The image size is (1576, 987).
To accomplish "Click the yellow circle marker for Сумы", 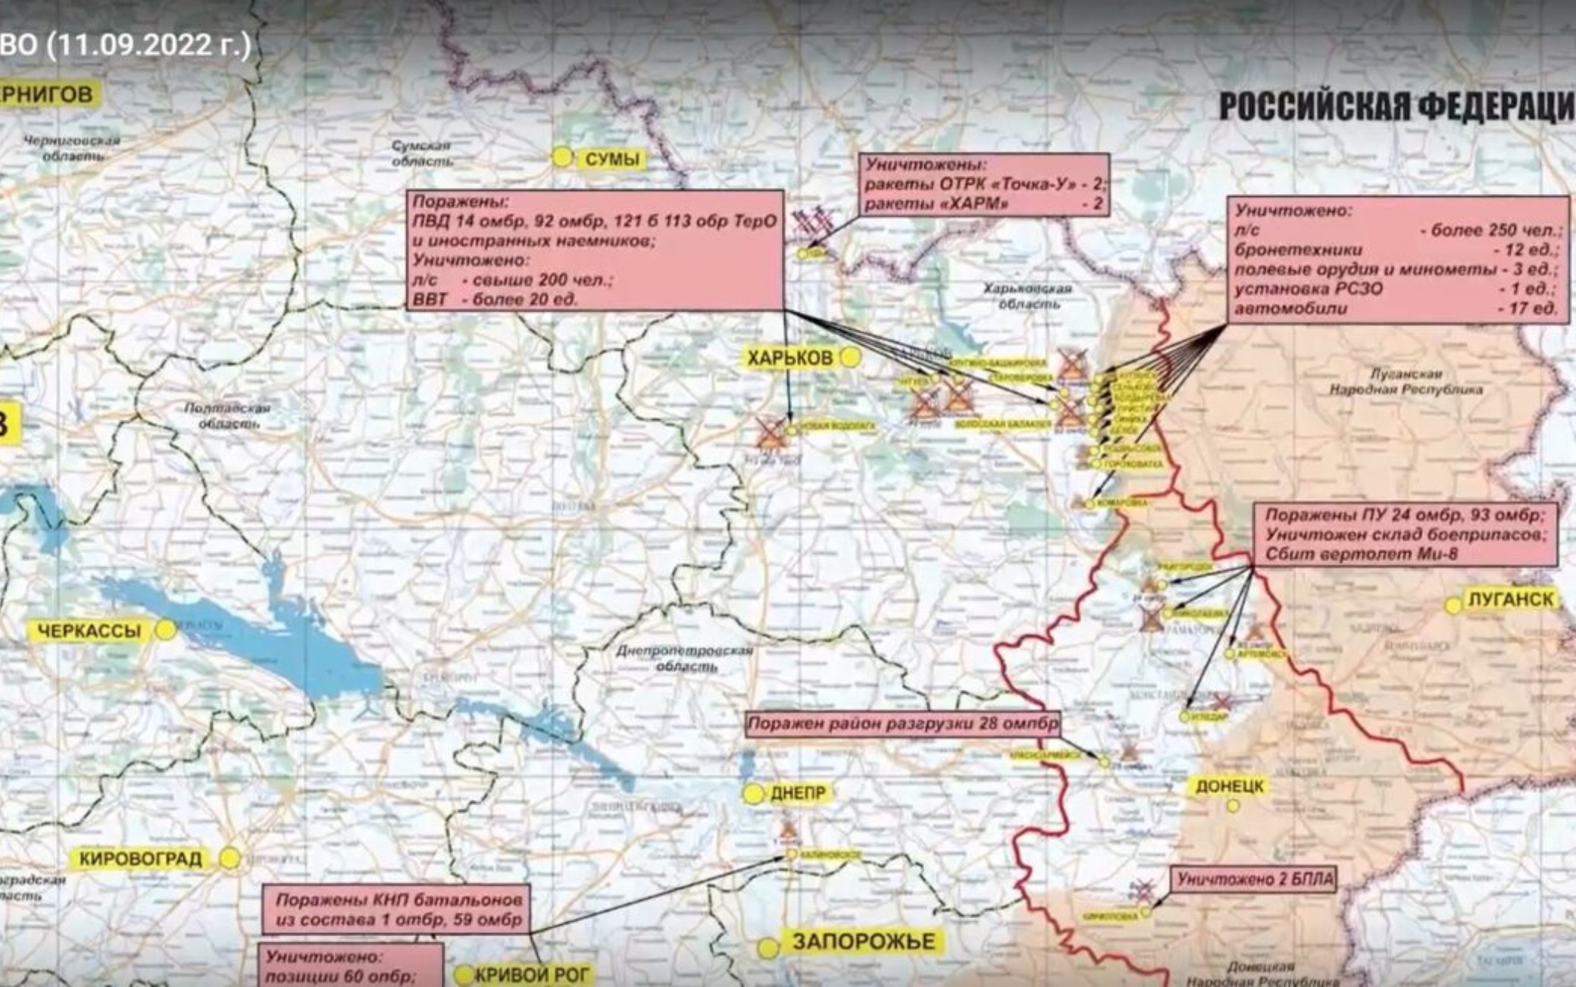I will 561,157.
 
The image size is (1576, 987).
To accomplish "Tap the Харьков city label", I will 790,358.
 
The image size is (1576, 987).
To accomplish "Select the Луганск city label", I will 1511,599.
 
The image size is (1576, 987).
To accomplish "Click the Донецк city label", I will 1229,786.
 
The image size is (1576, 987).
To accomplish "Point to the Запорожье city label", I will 863,942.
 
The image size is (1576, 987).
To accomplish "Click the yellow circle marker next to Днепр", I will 753,794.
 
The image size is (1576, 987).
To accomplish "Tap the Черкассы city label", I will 89,631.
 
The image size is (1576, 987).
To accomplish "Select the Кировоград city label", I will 140,859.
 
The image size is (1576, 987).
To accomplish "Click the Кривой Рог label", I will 530,975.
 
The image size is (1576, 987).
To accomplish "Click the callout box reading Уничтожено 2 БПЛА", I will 1254,879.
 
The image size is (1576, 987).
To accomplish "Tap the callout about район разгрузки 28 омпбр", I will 902,724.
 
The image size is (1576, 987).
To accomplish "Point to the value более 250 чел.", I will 1496,230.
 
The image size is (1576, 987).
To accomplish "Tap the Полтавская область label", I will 227,415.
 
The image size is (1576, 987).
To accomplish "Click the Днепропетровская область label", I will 684,658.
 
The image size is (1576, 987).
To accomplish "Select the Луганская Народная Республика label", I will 1406,381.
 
